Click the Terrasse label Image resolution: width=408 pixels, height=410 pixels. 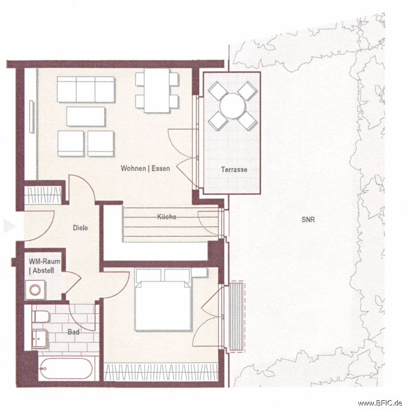click(x=234, y=170)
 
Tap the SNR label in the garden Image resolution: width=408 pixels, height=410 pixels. click(x=308, y=219)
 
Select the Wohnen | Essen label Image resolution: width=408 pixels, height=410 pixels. click(x=145, y=168)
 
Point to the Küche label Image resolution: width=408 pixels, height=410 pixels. click(x=167, y=217)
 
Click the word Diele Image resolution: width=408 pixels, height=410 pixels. click(x=81, y=228)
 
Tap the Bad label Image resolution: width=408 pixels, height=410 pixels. click(x=73, y=332)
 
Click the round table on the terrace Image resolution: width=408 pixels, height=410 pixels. click(x=233, y=106)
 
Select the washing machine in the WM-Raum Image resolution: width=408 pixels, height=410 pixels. click(x=36, y=290)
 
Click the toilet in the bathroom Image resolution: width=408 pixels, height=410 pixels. click(x=40, y=317)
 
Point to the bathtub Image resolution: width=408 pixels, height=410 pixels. click(x=65, y=369)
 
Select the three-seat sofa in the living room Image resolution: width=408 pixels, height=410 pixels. click(x=86, y=90)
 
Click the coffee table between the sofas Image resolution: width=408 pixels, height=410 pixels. click(x=86, y=116)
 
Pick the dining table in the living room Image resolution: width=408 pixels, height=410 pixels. click(x=157, y=90)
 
